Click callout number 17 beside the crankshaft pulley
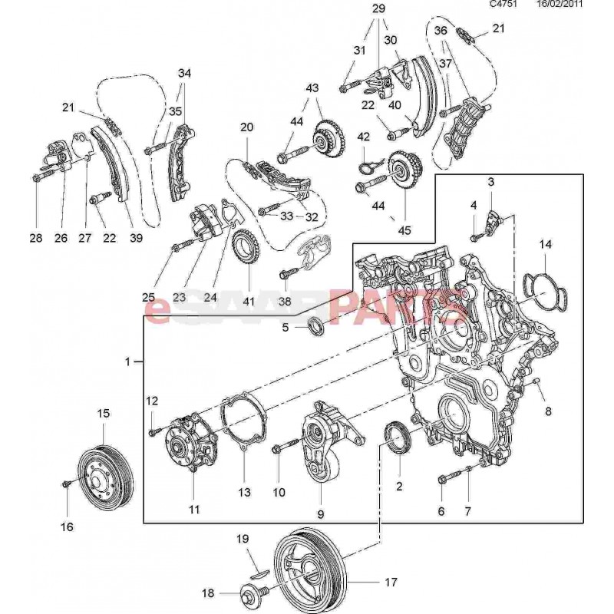pyautogui.click(x=391, y=582)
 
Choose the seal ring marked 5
pyautogui.click(x=315, y=327)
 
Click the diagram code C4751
pyautogui.click(x=504, y=5)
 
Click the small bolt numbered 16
pyautogui.click(x=67, y=484)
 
